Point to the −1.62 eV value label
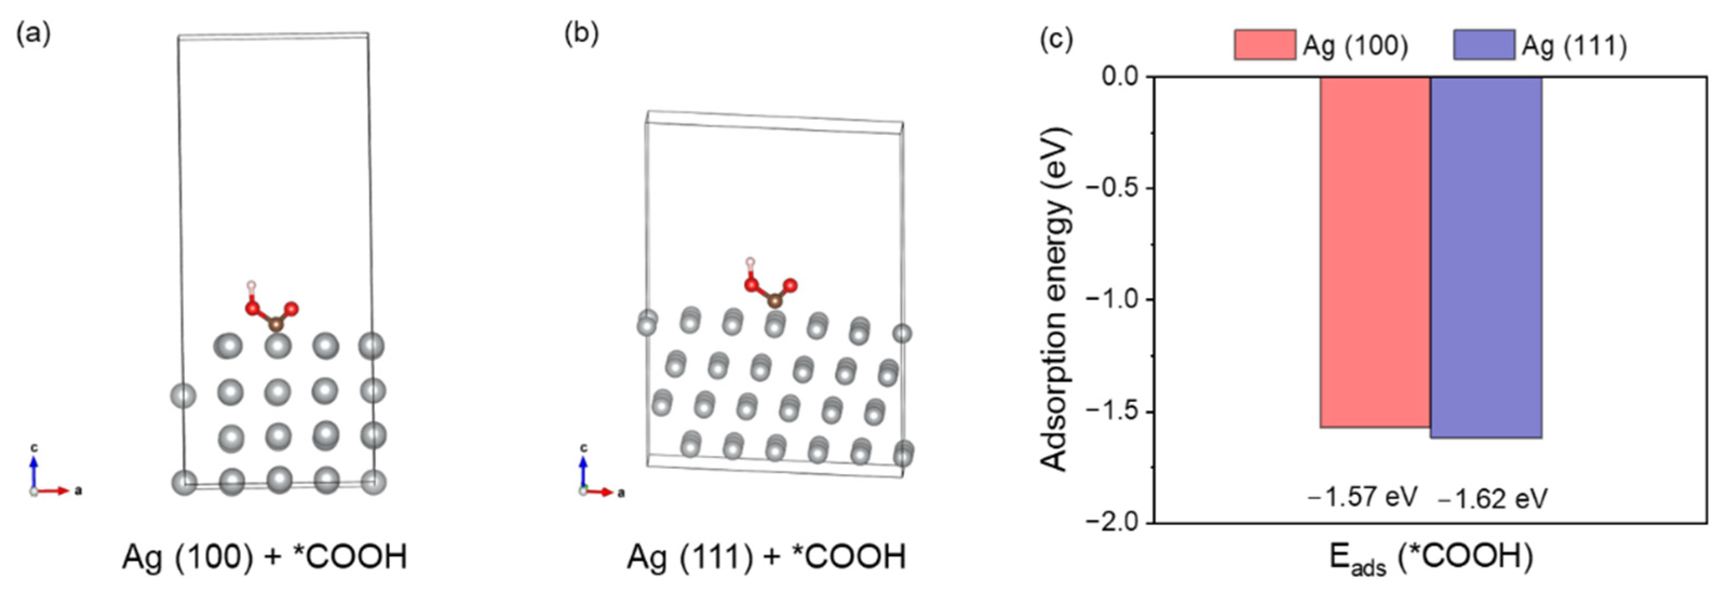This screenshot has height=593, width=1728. pos(1493,499)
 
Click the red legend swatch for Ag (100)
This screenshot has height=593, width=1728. pos(1265,45)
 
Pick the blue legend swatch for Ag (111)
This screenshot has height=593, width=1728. pos(1484,45)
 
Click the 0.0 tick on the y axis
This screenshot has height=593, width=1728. pos(1119,77)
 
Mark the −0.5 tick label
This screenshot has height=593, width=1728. pos(1113,188)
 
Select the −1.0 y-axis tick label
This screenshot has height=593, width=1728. pos(1113,299)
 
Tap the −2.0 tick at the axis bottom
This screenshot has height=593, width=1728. pos(1113,522)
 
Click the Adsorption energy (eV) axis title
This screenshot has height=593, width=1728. pos(1054,299)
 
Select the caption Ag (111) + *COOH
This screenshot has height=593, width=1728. pos(766,557)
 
